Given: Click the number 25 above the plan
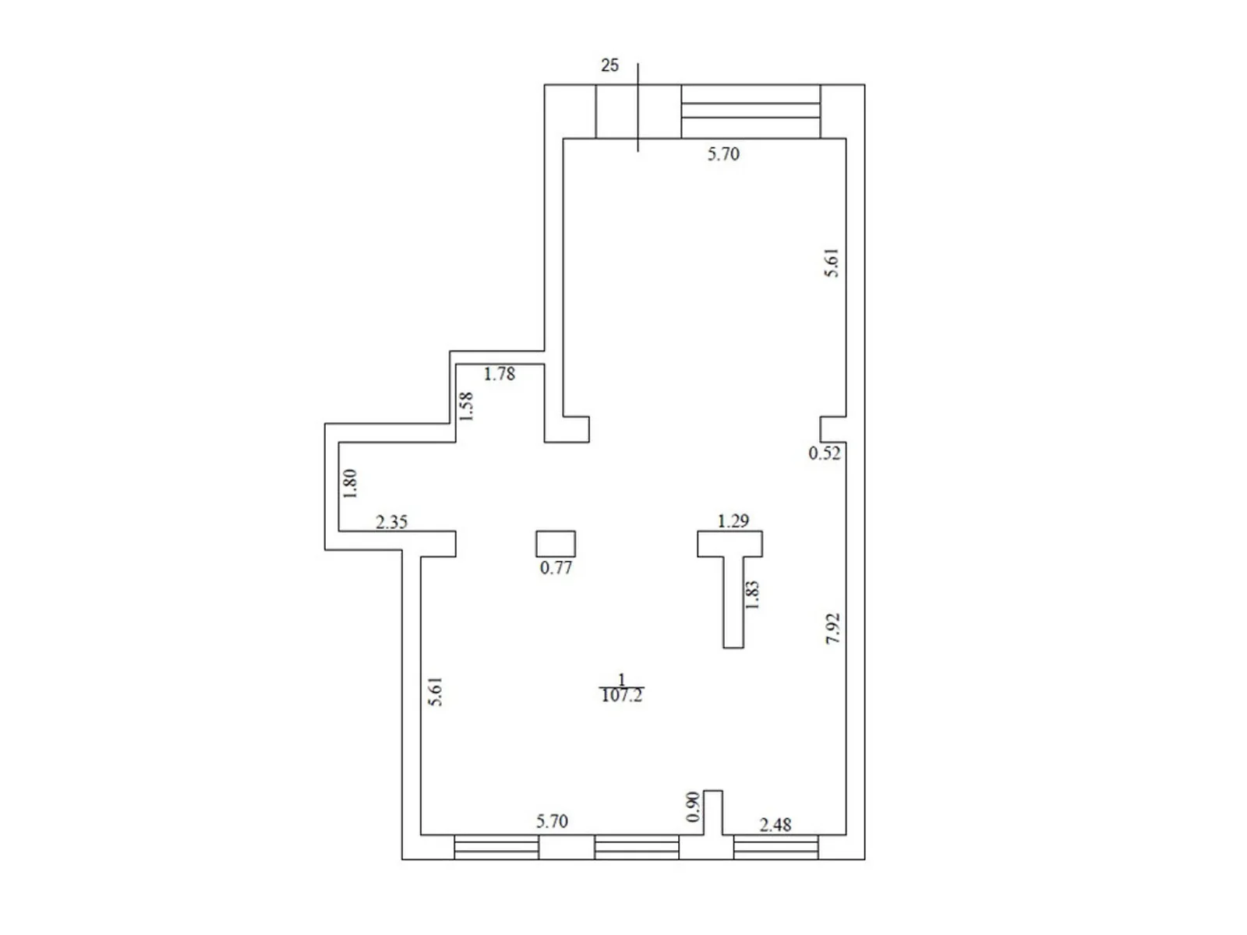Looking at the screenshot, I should point(609,65).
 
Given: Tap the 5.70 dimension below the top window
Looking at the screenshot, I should point(723,153).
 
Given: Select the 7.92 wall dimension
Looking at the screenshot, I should point(833,628).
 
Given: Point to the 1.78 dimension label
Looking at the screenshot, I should point(499,374).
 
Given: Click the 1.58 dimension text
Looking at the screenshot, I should point(466,406).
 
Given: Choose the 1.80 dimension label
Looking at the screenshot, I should point(350,483).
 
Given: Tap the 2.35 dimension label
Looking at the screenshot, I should point(391,522).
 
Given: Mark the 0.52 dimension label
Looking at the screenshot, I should point(825,453).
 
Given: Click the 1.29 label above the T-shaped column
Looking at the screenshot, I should point(733,520).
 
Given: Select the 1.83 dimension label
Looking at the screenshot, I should point(752,595).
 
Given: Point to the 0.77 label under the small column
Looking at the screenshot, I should point(556,568).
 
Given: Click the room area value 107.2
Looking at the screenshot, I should point(621,696).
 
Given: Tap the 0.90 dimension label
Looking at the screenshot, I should point(693,807).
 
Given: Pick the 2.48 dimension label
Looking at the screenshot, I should point(775,824).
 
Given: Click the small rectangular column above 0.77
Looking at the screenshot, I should point(556,543).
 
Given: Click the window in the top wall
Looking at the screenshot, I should point(751,111).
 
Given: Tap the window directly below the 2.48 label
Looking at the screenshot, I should point(775,847).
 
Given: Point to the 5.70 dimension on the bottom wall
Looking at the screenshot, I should point(552,821).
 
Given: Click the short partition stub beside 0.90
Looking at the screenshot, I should point(713,813).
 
